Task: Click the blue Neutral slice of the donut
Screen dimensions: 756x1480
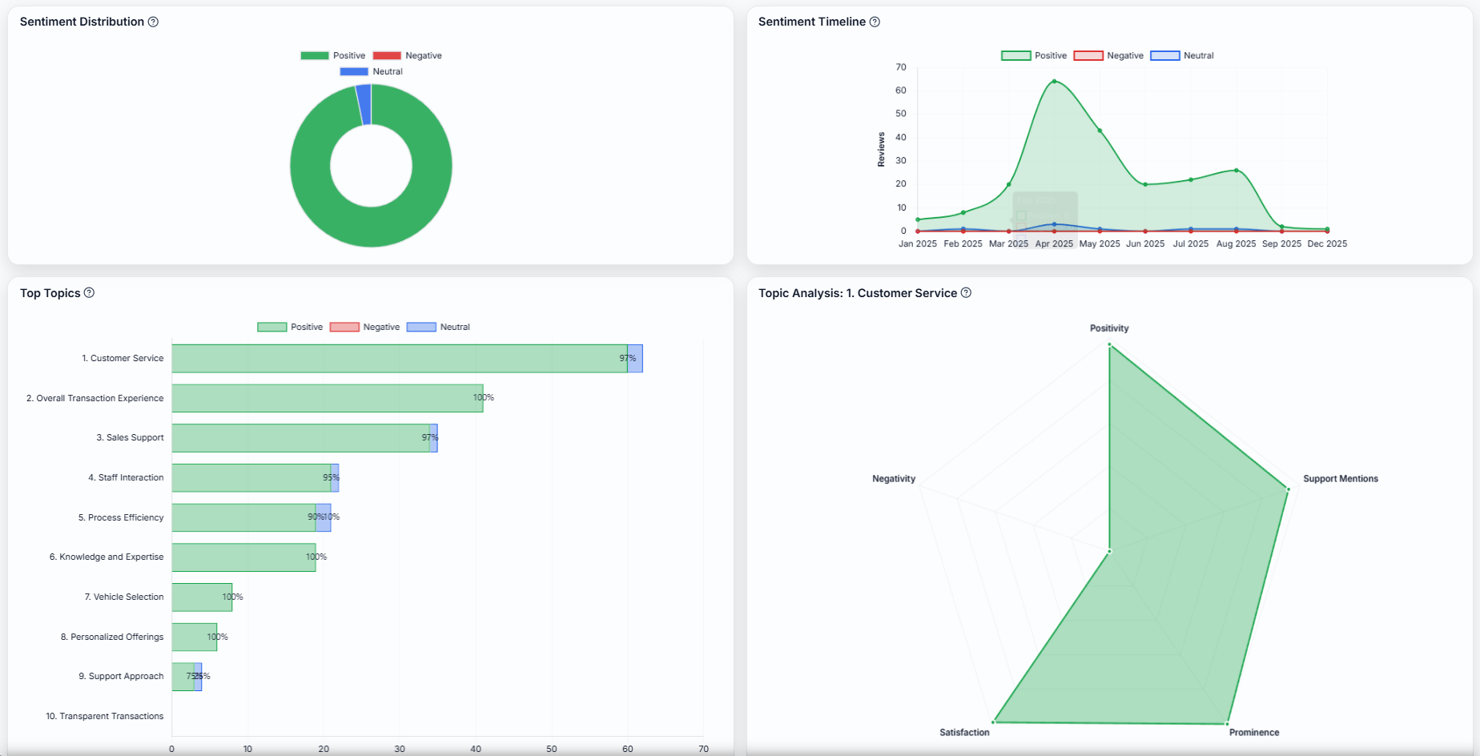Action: (x=364, y=104)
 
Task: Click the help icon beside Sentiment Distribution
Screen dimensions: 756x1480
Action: (x=153, y=22)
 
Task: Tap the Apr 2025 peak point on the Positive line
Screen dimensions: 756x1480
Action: (x=1054, y=81)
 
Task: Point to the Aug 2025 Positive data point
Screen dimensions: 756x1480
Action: (x=1236, y=170)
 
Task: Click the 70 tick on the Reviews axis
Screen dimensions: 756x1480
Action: (x=901, y=66)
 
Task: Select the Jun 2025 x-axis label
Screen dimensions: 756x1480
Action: (x=1145, y=243)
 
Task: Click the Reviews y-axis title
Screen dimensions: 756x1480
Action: (x=881, y=149)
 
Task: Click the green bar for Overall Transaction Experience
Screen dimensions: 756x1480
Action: (x=327, y=398)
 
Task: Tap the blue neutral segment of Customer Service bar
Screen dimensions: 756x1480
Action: (x=634, y=358)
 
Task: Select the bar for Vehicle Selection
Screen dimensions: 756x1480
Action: (x=202, y=597)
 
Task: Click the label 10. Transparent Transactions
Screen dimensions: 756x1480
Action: (x=104, y=716)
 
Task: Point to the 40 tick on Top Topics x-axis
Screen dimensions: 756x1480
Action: (x=476, y=749)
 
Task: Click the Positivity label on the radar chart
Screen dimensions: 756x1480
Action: (x=1108, y=328)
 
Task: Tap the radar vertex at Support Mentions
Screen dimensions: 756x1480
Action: (x=1288, y=489)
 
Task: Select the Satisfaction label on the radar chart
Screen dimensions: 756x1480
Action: (x=964, y=732)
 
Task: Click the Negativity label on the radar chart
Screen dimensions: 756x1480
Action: (x=893, y=479)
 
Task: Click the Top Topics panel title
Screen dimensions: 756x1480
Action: (x=50, y=293)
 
